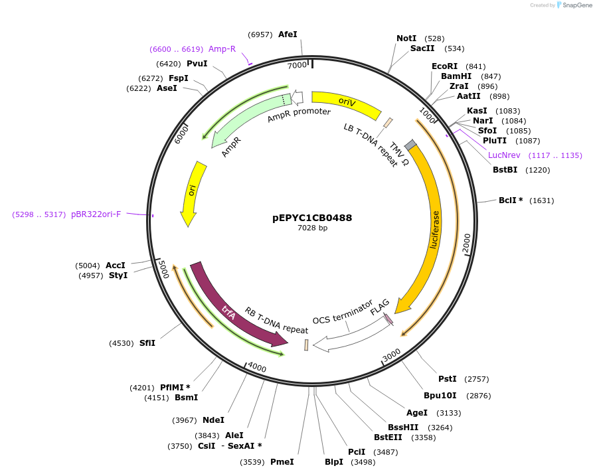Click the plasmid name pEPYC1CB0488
[312, 218]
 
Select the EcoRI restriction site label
[444, 66]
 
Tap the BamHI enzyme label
[456, 76]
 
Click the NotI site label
[406, 39]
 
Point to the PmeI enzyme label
[282, 462]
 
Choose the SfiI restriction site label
[147, 343]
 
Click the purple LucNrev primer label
[504, 155]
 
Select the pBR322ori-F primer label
[96, 214]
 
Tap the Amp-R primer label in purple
[222, 49]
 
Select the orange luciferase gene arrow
[433, 226]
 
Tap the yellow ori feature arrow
[192, 193]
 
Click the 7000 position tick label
[297, 65]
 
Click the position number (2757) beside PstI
[476, 379]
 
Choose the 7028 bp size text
[312, 228]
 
